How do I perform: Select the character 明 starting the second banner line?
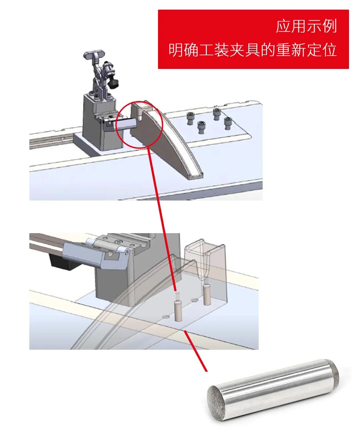click(x=176, y=50)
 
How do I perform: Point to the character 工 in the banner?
click(x=206, y=50)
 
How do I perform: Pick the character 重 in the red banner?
click(x=283, y=50)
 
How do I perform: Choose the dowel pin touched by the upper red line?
click(x=178, y=311)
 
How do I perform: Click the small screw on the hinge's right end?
click(x=127, y=252)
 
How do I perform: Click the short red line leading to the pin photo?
click(x=195, y=351)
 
